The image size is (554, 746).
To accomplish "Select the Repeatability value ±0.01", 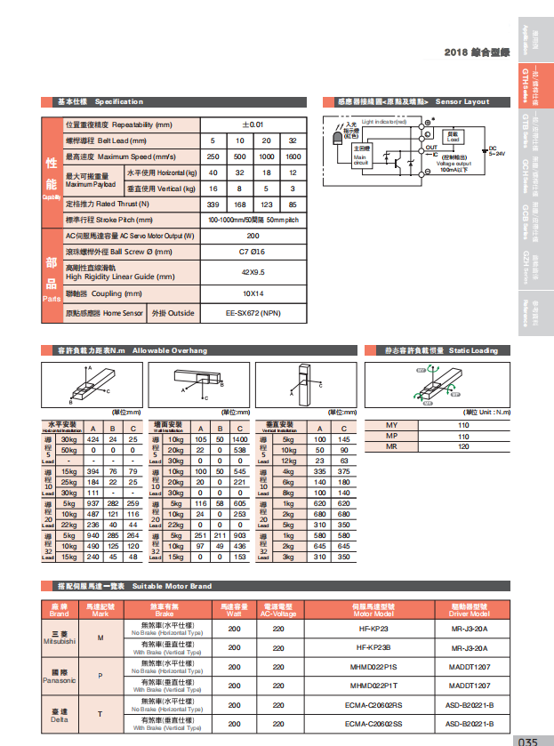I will (x=253, y=125).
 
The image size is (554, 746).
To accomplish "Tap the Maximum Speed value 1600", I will (x=293, y=156).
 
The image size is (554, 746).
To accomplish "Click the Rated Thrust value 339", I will (x=213, y=204).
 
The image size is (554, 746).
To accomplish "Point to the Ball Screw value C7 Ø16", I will (x=253, y=252).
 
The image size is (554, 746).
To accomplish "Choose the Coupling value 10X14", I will (x=253, y=293).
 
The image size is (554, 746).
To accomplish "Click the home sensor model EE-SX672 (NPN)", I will (x=253, y=314).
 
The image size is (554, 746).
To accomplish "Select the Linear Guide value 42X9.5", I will (x=253, y=272).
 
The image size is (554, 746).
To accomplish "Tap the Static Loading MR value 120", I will (x=462, y=447).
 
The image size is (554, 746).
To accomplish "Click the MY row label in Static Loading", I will (x=391, y=426).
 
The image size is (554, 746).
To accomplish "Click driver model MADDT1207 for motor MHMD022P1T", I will (x=469, y=686).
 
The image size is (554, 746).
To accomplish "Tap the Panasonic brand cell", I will (x=60, y=676).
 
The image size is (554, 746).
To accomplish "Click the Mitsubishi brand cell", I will (x=60, y=638).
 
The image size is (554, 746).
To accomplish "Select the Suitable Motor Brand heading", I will (x=133, y=587).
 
